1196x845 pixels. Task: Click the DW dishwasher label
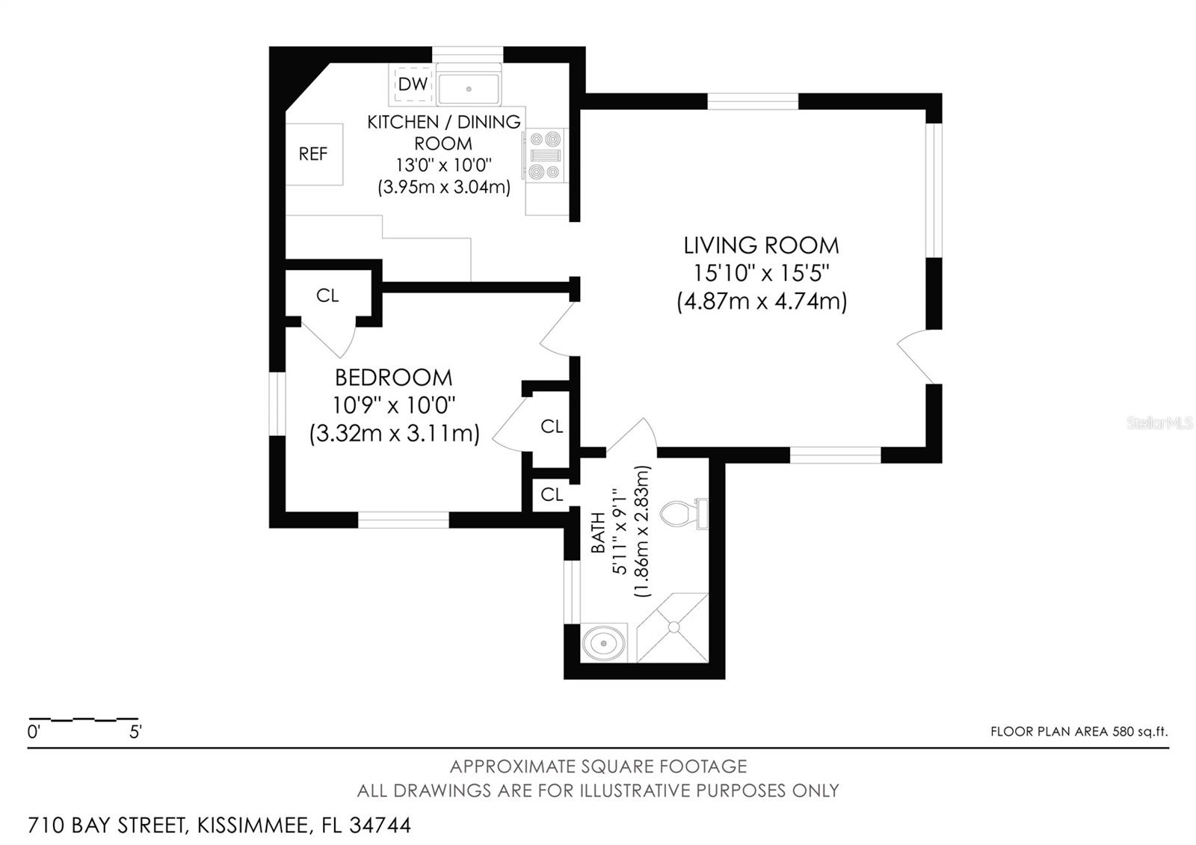[x=413, y=84]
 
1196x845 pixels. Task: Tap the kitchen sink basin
[x=468, y=89]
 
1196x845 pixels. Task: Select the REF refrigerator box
[x=314, y=154]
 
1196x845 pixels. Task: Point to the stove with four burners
[x=545, y=156]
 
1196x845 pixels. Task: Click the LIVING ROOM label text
[x=762, y=246]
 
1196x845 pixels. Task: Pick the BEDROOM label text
[x=393, y=378]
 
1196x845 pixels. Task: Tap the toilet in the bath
[x=684, y=514]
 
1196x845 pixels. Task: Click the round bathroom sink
[x=603, y=643]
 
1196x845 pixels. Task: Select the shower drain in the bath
[x=673, y=627]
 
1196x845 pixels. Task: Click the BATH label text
[x=598, y=532]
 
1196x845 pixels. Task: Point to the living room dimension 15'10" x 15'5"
[x=762, y=274]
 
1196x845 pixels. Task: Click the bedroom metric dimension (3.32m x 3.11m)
[x=394, y=433]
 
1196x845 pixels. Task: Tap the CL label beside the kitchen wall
[x=327, y=295]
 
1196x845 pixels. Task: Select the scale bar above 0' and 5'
[x=84, y=719]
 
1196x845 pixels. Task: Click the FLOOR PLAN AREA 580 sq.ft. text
[x=1079, y=731]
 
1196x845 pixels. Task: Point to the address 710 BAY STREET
[x=107, y=826]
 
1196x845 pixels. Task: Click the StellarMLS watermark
[x=1159, y=423]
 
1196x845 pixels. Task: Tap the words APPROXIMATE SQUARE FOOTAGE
[x=598, y=766]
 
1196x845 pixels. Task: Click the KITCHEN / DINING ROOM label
[x=444, y=132]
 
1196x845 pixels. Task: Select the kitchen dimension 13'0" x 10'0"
[x=444, y=165]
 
